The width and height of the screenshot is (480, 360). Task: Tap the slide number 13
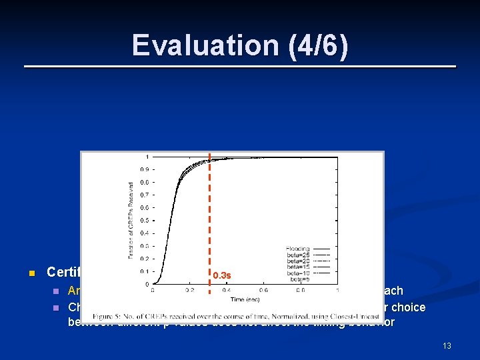click(x=447, y=345)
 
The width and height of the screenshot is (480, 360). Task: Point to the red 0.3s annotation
click(x=222, y=275)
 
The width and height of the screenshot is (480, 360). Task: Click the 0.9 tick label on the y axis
click(x=143, y=169)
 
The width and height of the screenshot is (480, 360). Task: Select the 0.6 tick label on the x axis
click(x=263, y=290)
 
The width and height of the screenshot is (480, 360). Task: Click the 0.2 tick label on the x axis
click(x=190, y=290)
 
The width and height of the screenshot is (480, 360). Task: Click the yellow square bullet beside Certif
click(x=31, y=273)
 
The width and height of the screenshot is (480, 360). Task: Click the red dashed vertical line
click(x=209, y=220)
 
